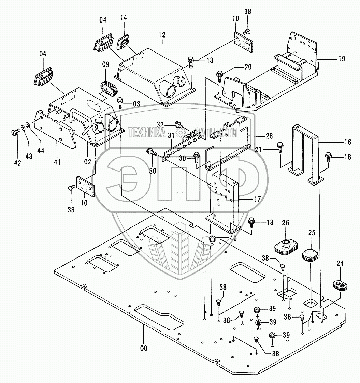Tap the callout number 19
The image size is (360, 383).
[341, 59]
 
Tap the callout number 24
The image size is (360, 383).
[340, 263]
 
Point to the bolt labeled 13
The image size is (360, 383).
[191, 62]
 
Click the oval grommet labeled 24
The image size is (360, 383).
[340, 285]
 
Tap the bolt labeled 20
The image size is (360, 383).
[219, 74]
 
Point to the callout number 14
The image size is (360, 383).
[124, 18]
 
